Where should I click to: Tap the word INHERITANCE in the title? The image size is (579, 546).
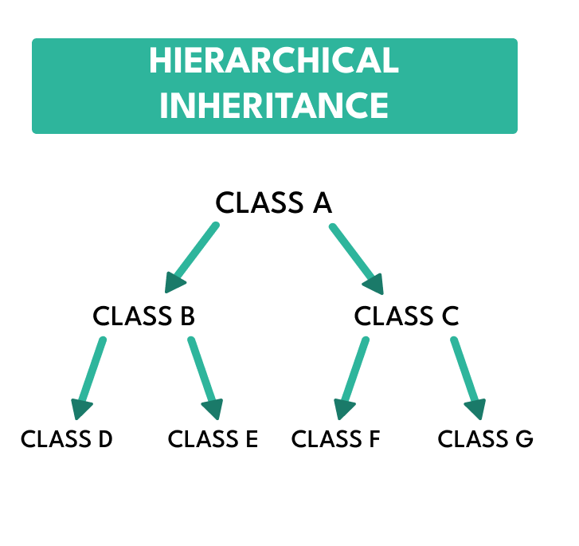274,105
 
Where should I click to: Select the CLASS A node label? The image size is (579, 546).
273,203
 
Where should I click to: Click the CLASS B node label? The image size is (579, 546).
143,316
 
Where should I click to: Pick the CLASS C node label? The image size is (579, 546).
406,316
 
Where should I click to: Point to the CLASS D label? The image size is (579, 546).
67,439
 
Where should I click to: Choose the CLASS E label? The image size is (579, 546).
213,439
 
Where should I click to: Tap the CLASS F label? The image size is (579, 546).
335,439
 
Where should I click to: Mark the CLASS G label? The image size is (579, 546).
485,439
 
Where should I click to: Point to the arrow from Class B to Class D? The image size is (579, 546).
91,375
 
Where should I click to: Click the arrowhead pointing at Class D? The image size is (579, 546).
80,409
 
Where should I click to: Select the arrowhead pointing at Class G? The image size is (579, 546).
475,409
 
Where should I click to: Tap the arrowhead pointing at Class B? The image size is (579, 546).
175,282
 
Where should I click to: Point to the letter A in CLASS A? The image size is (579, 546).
322,203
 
